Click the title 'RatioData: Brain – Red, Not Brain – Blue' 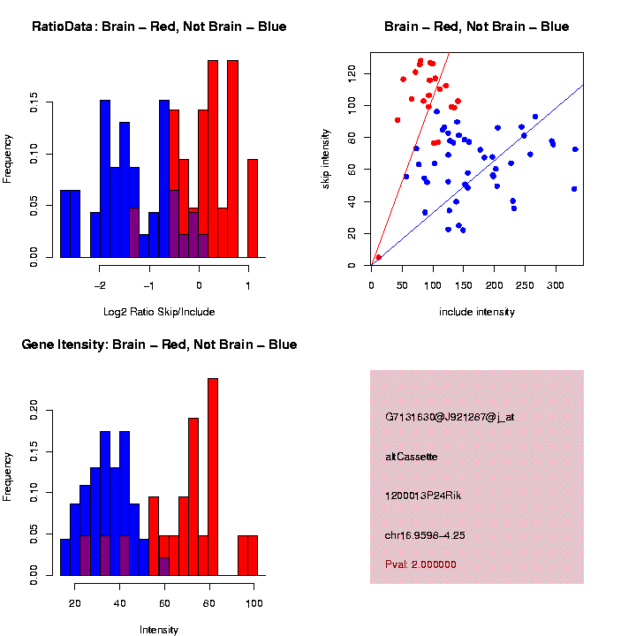click(x=159, y=27)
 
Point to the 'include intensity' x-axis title click(x=477, y=312)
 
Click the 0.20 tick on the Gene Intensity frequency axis click(x=34, y=409)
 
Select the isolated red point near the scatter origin click(x=378, y=257)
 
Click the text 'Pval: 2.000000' click(x=420, y=564)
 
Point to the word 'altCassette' click(x=411, y=457)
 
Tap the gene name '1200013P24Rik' click(x=423, y=496)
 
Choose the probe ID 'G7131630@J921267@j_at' click(x=450, y=417)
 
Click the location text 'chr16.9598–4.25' click(x=426, y=534)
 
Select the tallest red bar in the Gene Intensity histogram click(x=213, y=477)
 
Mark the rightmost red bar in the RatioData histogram click(x=253, y=208)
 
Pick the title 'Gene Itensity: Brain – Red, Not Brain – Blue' click(x=159, y=344)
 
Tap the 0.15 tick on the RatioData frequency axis click(x=34, y=103)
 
